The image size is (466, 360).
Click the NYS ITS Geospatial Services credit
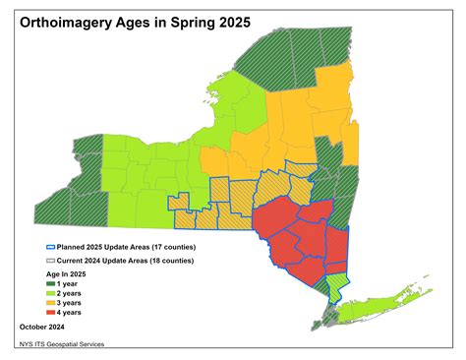click(61, 344)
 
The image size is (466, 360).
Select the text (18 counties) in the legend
click(164, 261)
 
